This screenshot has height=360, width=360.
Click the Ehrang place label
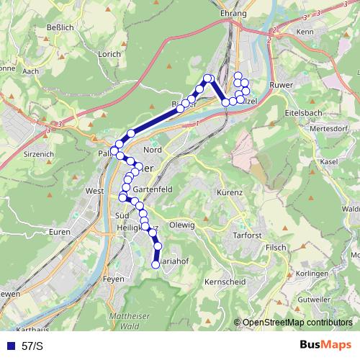[x=235, y=14]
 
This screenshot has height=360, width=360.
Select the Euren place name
[x=60, y=233]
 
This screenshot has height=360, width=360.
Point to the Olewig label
[x=181, y=225]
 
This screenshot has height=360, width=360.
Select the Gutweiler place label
[x=313, y=298]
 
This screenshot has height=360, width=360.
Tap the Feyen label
[x=114, y=276]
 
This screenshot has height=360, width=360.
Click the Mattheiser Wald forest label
[x=127, y=321]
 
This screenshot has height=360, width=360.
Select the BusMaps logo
[x=325, y=345]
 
